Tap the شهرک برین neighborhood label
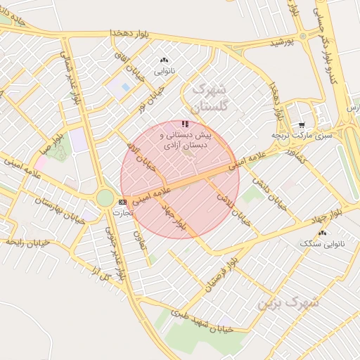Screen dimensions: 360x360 (288, 303)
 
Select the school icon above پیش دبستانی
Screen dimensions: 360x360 (185, 124)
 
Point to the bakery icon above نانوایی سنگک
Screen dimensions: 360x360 (323, 233)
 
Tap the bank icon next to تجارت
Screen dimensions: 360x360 (123, 202)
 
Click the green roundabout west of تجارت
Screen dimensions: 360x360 (105, 198)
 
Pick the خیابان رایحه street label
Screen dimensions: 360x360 (27, 242)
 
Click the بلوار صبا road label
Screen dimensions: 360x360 (53, 138)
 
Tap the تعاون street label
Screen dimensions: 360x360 (140, 236)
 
